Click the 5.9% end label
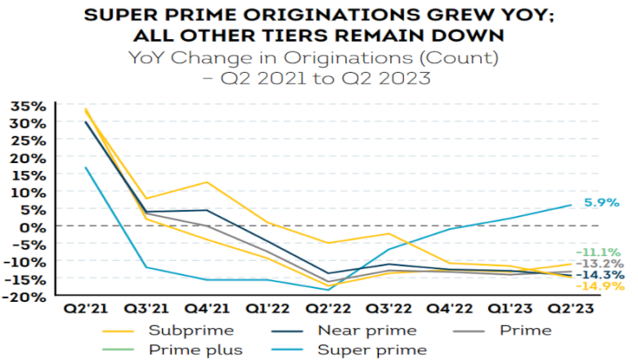601,202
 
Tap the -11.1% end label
601,252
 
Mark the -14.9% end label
601,286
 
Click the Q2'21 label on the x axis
84,311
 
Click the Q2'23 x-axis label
571,311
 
